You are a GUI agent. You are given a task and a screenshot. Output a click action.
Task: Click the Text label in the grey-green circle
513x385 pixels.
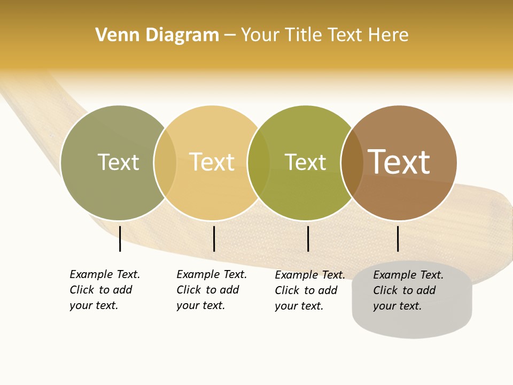click(118, 163)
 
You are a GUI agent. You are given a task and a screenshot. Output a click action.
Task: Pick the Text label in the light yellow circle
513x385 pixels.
click(212, 163)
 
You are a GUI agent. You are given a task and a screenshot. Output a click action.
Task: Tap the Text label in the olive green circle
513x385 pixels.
click(305, 163)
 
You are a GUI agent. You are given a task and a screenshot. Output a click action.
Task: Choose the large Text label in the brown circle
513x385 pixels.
click(399, 163)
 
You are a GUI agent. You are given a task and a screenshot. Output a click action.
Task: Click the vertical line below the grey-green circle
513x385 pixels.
click(120, 238)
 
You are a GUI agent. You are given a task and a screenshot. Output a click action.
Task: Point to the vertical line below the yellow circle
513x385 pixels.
click(214, 238)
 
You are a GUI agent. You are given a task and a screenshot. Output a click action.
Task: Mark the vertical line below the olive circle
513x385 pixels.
click(308, 238)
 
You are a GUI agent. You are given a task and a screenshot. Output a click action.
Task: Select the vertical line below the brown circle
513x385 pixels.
click(398, 238)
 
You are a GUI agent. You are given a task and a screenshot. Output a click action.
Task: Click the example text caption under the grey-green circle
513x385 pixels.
click(105, 290)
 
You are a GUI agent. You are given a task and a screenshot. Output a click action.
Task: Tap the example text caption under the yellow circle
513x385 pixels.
click(212, 290)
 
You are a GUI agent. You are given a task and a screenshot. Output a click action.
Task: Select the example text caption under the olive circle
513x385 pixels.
click(310, 290)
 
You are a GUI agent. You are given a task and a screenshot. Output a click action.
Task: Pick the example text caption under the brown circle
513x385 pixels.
click(408, 290)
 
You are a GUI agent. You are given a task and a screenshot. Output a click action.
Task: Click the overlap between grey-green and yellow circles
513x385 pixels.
click(165, 163)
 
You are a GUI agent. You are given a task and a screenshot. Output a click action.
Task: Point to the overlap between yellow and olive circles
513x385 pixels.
click(259, 163)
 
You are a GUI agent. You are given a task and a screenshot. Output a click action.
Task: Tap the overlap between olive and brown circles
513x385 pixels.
click(352, 163)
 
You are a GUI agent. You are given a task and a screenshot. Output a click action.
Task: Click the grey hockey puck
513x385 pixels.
click(412, 324)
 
